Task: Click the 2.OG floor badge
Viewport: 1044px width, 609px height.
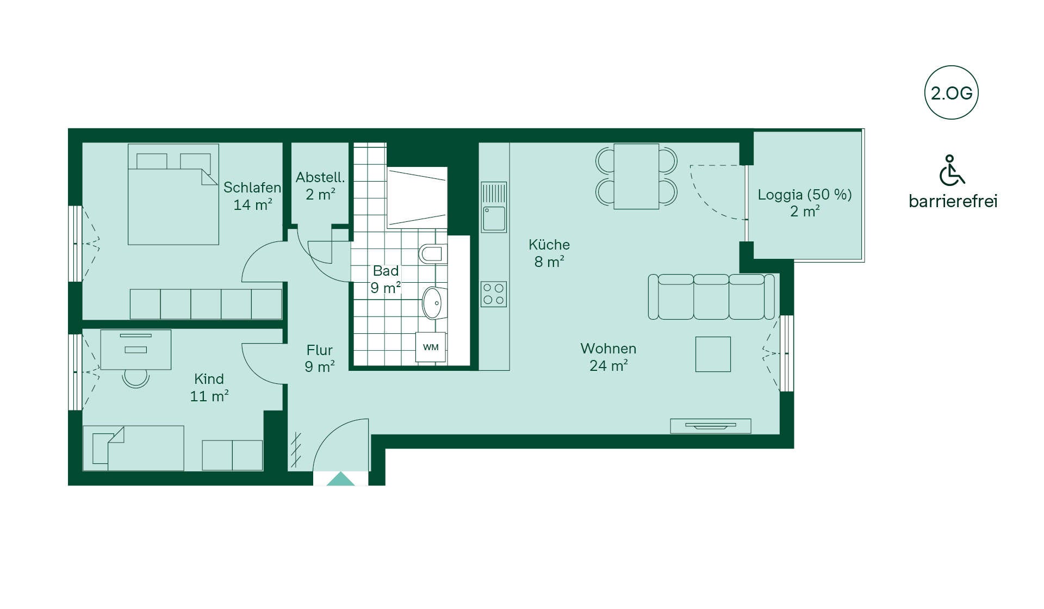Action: click(x=951, y=92)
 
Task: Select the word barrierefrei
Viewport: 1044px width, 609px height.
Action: click(x=953, y=201)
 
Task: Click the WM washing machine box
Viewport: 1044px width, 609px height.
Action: click(x=431, y=347)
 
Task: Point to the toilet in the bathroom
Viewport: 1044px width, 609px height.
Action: click(x=433, y=253)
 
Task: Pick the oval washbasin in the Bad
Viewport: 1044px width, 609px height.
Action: click(x=433, y=303)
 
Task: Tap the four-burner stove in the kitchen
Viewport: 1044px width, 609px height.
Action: click(x=494, y=294)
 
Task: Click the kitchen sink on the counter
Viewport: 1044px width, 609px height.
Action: click(x=494, y=207)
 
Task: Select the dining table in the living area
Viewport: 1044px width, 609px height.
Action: click(x=636, y=176)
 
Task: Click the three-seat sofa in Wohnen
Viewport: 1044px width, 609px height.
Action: click(x=711, y=296)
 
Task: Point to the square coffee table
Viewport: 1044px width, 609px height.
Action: click(x=713, y=354)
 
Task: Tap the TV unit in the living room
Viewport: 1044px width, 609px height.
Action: click(x=711, y=426)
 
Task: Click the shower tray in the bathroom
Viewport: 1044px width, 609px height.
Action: click(x=417, y=198)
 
